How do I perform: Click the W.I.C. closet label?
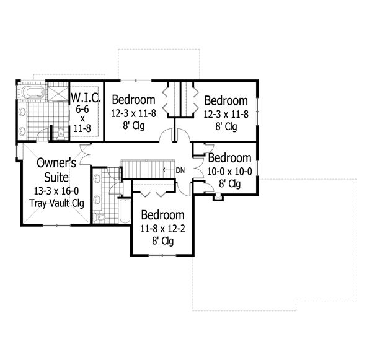tap(86, 98)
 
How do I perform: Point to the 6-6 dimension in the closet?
tap(82, 109)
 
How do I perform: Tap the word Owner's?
tap(56, 163)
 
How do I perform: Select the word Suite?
tap(56, 177)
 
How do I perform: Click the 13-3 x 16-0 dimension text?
tap(56, 191)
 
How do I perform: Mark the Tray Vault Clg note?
tap(56, 203)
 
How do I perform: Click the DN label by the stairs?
tap(180, 170)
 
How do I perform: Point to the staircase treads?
tap(148, 169)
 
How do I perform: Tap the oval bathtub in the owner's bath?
tap(33, 92)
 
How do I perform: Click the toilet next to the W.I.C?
tap(61, 134)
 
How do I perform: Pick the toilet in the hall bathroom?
tap(100, 217)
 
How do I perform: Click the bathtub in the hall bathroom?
tap(125, 211)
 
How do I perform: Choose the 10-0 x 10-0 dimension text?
tap(229, 172)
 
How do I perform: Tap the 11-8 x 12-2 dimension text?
tap(162, 229)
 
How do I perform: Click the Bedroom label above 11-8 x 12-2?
tap(162, 215)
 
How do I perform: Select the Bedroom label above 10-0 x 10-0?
tap(229, 158)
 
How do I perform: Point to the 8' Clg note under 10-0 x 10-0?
tap(229, 184)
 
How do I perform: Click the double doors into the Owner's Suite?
tap(85, 154)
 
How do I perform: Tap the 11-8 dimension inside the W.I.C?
tap(82, 128)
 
